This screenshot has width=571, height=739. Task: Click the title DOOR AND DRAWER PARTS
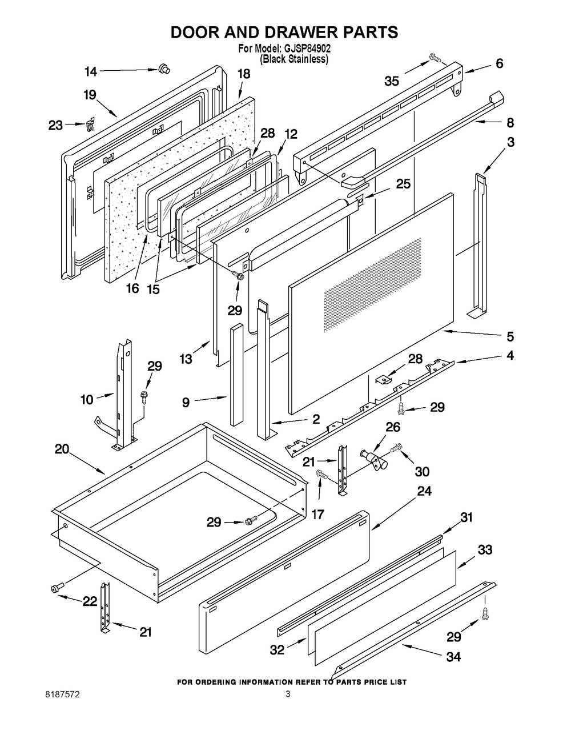point(284,33)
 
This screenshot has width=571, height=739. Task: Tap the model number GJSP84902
point(305,50)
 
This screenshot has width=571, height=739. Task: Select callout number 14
point(91,71)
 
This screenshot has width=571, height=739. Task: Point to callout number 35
point(392,81)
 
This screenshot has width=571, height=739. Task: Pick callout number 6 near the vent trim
point(499,64)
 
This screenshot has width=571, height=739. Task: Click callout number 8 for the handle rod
point(510,122)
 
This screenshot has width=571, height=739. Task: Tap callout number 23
point(55,125)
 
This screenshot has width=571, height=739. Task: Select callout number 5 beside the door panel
point(510,336)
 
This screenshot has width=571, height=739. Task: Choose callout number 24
point(424,491)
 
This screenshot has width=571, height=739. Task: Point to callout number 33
point(485,550)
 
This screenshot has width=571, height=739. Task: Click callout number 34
point(453,657)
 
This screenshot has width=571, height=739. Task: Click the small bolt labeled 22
point(57,587)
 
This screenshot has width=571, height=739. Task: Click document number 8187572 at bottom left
point(63,694)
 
